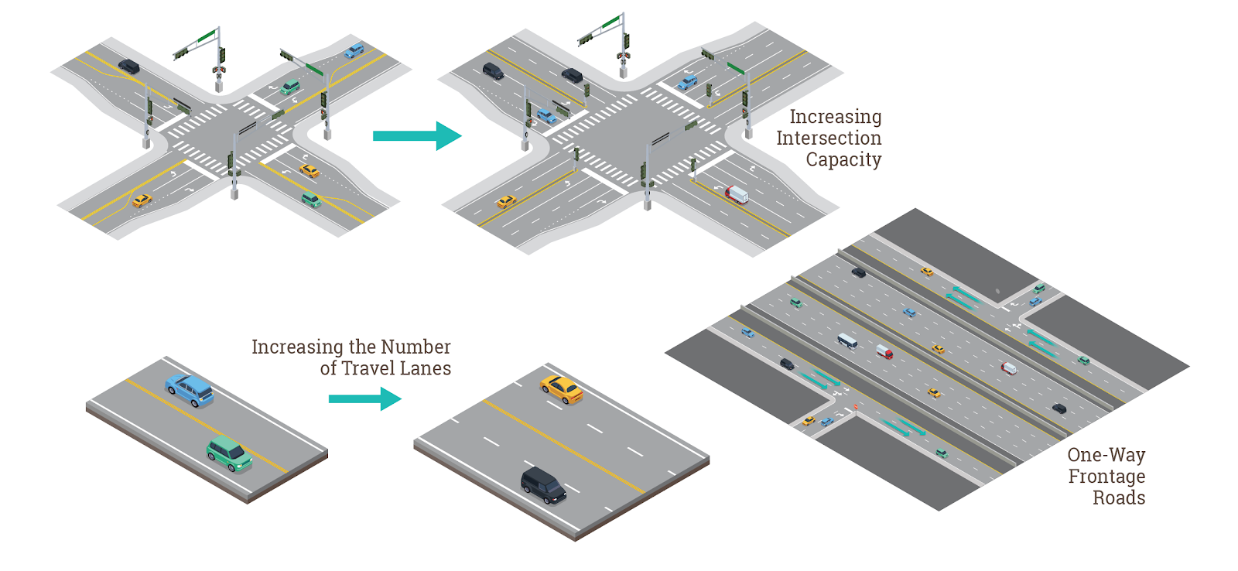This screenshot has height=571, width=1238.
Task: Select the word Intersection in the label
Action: pyautogui.click(x=829, y=138)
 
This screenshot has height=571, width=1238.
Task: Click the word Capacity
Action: pyautogui.click(x=843, y=160)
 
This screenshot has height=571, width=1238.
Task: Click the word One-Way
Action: pyautogui.click(x=1106, y=455)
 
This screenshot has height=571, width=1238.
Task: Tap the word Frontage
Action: pyautogui.click(x=1106, y=477)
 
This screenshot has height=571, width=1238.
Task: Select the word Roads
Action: pyautogui.click(x=1119, y=497)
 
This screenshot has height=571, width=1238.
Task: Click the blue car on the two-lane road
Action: pyautogui.click(x=190, y=390)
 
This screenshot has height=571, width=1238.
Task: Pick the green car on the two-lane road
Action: pyautogui.click(x=230, y=453)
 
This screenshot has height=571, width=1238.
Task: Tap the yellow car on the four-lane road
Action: pyautogui.click(x=562, y=388)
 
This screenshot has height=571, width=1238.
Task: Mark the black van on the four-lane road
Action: pyautogui.click(x=543, y=485)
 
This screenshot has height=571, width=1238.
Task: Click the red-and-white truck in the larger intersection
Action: pyautogui.click(x=737, y=193)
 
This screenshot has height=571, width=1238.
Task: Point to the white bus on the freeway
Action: pyautogui.click(x=847, y=340)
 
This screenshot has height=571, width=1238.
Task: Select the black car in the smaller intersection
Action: pyautogui.click(x=128, y=67)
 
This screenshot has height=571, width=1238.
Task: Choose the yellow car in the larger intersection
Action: pyautogui.click(x=506, y=202)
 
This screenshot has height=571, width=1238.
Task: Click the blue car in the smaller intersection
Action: pyautogui.click(x=354, y=51)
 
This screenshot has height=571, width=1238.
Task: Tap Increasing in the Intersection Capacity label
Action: pyautogui.click(x=835, y=117)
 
